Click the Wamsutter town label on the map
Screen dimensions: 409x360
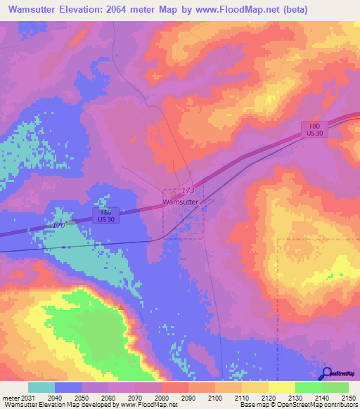[180, 202]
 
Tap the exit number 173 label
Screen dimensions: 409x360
[188, 190]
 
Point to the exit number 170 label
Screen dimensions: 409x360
[59, 225]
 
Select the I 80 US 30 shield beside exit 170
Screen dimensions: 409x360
[105, 215]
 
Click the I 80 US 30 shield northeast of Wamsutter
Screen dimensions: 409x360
[314, 129]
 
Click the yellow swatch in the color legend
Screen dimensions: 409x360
[281, 387]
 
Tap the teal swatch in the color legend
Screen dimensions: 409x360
[41, 387]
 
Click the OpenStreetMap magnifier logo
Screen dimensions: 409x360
[326, 374]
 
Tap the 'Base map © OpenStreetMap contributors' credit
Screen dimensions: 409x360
[298, 405]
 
